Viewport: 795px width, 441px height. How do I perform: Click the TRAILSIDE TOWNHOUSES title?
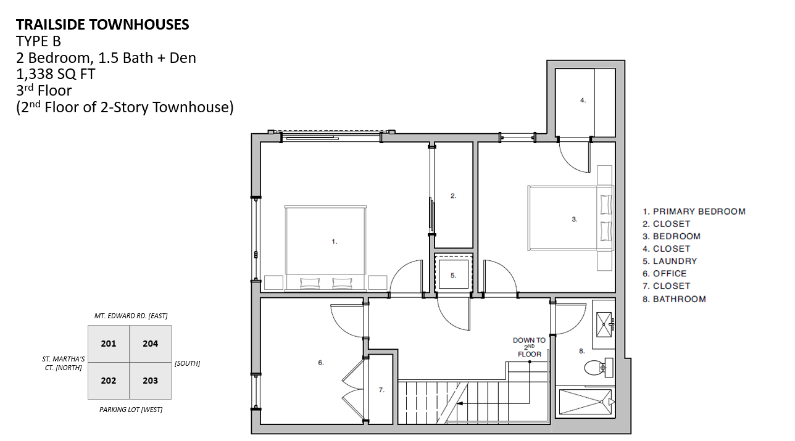coord(102,25)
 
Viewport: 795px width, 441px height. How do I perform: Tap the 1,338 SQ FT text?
coord(56,74)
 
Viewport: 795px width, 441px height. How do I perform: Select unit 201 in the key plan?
coord(109,344)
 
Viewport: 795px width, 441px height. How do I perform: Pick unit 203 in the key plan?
coord(151,381)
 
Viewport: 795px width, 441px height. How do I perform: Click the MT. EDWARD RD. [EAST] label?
coord(131,316)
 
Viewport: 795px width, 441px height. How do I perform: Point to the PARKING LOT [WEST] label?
coord(131,410)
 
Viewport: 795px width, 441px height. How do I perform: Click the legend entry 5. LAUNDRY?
coord(670,261)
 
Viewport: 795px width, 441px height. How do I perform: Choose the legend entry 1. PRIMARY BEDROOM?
coord(694,212)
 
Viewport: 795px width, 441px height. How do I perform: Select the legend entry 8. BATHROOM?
coord(674,299)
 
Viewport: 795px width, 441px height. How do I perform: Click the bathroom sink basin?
coord(604,324)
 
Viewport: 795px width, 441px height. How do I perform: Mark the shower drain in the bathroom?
coord(602,402)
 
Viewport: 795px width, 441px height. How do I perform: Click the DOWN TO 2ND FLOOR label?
coord(529,347)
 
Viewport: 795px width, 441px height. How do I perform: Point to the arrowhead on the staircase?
coord(460,403)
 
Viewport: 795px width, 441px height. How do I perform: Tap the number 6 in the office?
coord(320,363)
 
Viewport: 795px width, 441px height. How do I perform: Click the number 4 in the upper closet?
coord(583,101)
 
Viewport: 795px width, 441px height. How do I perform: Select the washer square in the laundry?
coord(454,274)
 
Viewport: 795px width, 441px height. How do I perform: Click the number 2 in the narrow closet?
coord(453,196)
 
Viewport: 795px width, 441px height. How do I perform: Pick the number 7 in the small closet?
coord(381,390)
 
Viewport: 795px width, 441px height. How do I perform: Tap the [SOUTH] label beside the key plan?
coord(188,363)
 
